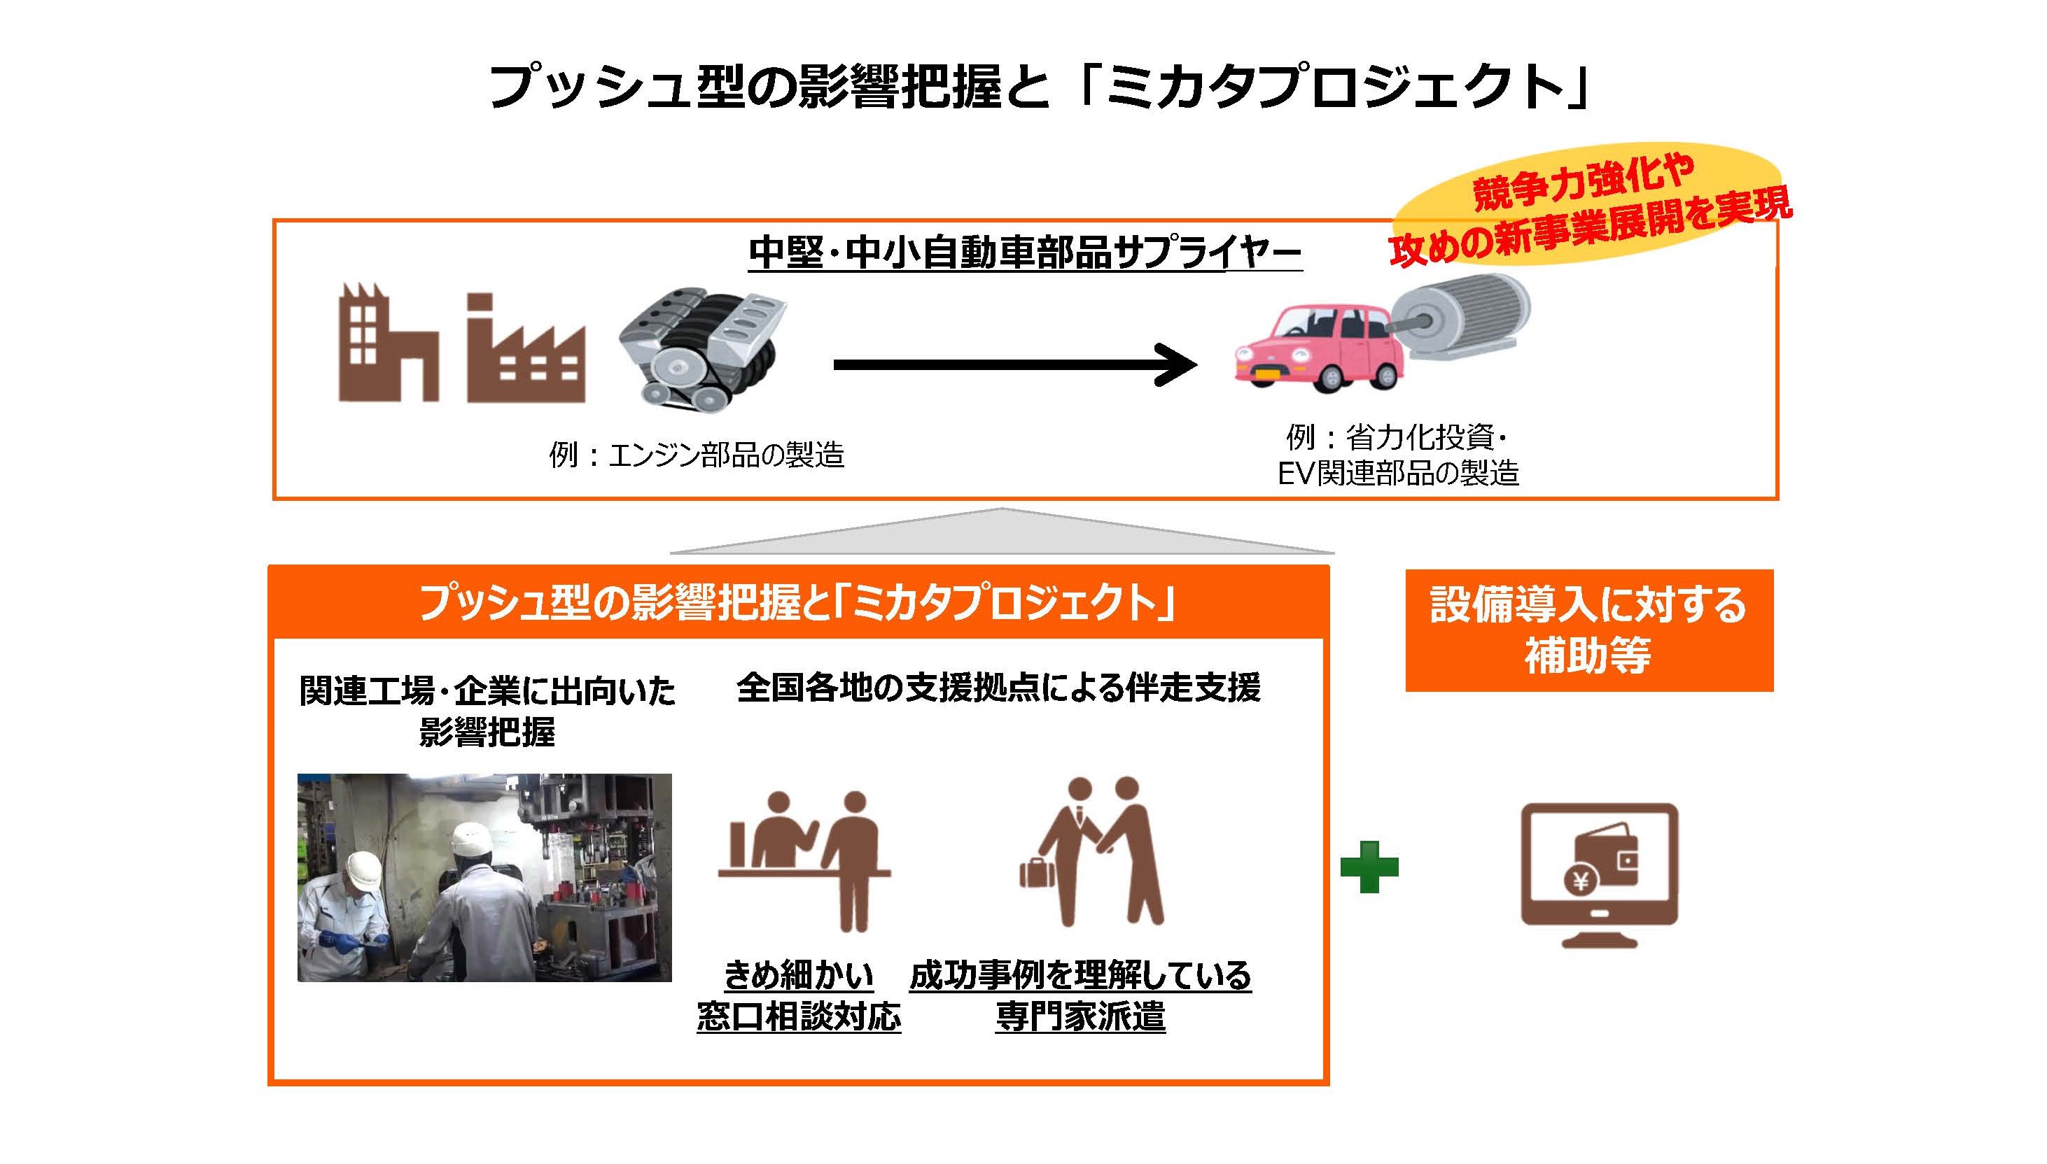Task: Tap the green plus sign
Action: pos(1369,867)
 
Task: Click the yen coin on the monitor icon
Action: pos(1581,881)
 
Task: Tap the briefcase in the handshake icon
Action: pos(1036,872)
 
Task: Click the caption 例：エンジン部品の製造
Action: pos(697,455)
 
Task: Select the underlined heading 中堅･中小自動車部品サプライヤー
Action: pos(1025,253)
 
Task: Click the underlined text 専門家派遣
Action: pos(1080,1017)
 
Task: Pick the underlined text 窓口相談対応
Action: pos(798,1017)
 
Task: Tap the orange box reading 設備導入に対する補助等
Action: pos(1588,630)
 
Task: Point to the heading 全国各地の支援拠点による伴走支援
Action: pos(998,688)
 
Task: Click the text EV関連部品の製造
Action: pos(1397,474)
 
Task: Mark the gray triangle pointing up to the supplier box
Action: pos(1002,532)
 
